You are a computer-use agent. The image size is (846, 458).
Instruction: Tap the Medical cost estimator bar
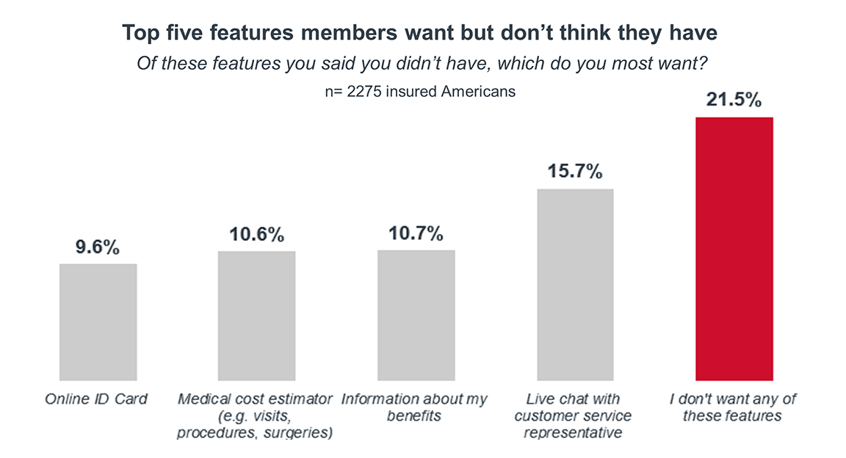(257, 316)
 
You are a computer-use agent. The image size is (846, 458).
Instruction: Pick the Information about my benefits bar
(416, 315)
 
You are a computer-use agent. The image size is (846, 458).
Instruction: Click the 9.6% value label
(97, 247)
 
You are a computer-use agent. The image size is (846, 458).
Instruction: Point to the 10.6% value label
(257, 235)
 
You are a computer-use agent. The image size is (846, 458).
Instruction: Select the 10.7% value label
(416, 234)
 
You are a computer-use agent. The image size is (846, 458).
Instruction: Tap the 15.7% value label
(575, 172)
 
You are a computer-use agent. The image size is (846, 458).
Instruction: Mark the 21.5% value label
(734, 101)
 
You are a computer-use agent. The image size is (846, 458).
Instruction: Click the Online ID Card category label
(97, 399)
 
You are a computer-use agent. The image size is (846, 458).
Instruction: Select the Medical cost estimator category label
(255, 416)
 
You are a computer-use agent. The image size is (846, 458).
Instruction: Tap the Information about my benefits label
(414, 407)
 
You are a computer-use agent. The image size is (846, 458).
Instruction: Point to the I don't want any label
(734, 407)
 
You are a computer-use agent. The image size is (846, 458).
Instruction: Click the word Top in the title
(138, 34)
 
